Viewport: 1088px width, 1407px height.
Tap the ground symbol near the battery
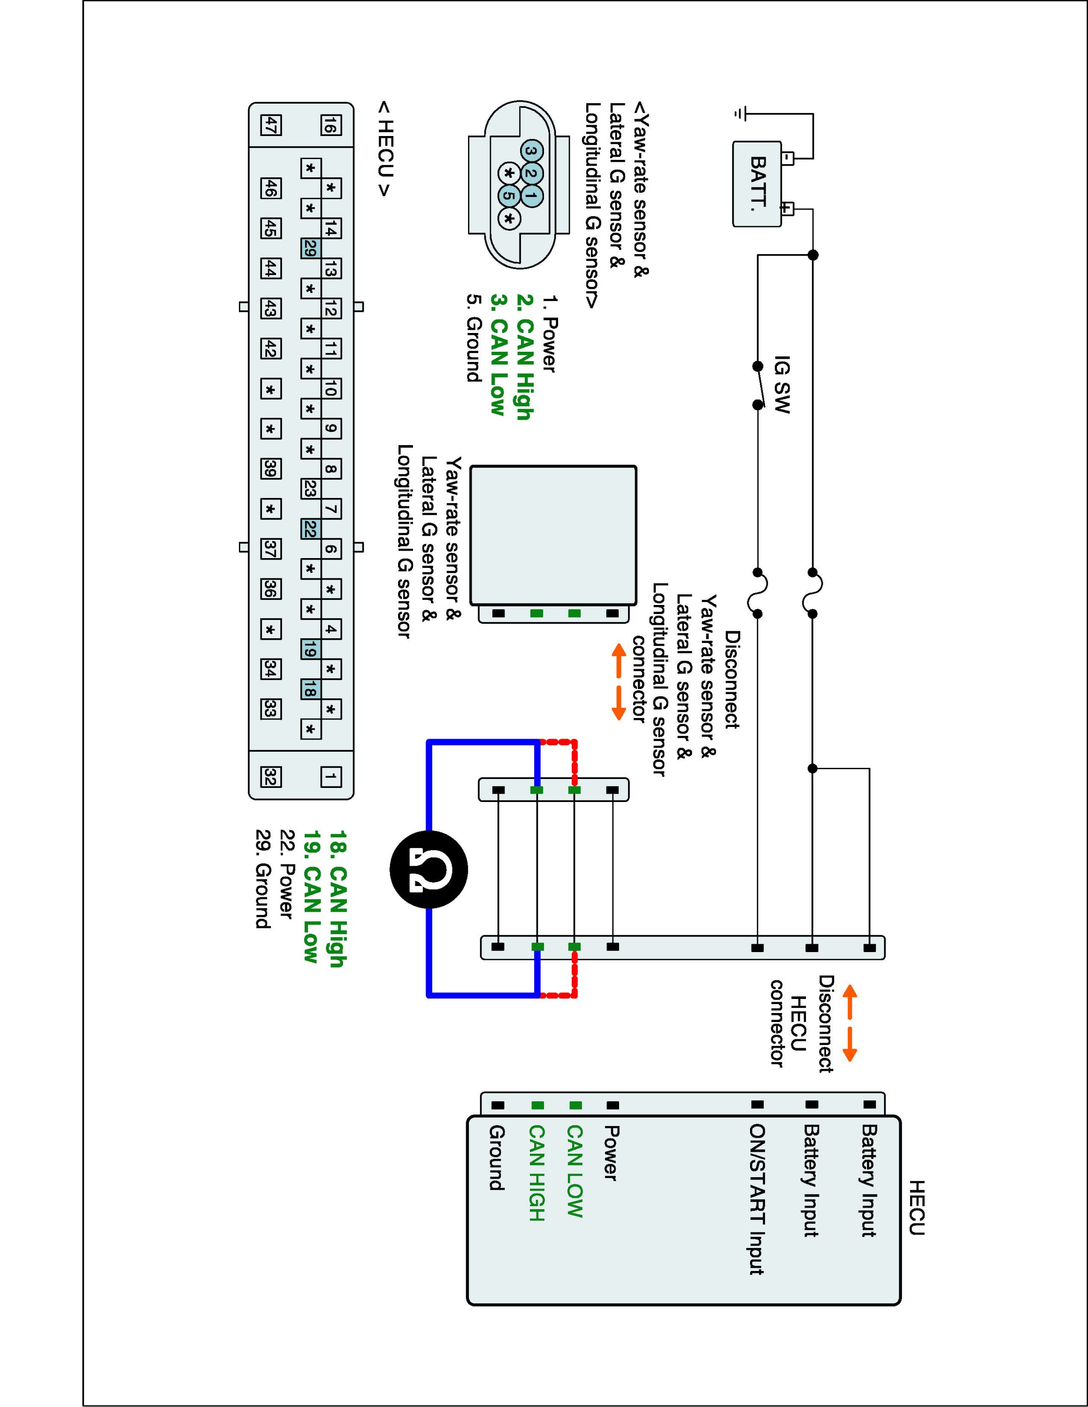(x=739, y=114)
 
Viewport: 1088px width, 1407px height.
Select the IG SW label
(x=781, y=385)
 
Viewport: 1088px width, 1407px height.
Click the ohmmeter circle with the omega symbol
(x=429, y=870)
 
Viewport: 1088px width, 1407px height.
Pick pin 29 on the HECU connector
(x=310, y=249)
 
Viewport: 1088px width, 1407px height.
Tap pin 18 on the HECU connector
(x=310, y=690)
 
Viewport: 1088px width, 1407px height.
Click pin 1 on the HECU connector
(x=330, y=777)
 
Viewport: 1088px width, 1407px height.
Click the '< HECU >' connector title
(x=385, y=149)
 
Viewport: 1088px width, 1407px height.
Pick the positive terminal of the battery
(x=788, y=209)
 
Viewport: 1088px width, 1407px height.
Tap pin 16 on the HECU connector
(x=330, y=125)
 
